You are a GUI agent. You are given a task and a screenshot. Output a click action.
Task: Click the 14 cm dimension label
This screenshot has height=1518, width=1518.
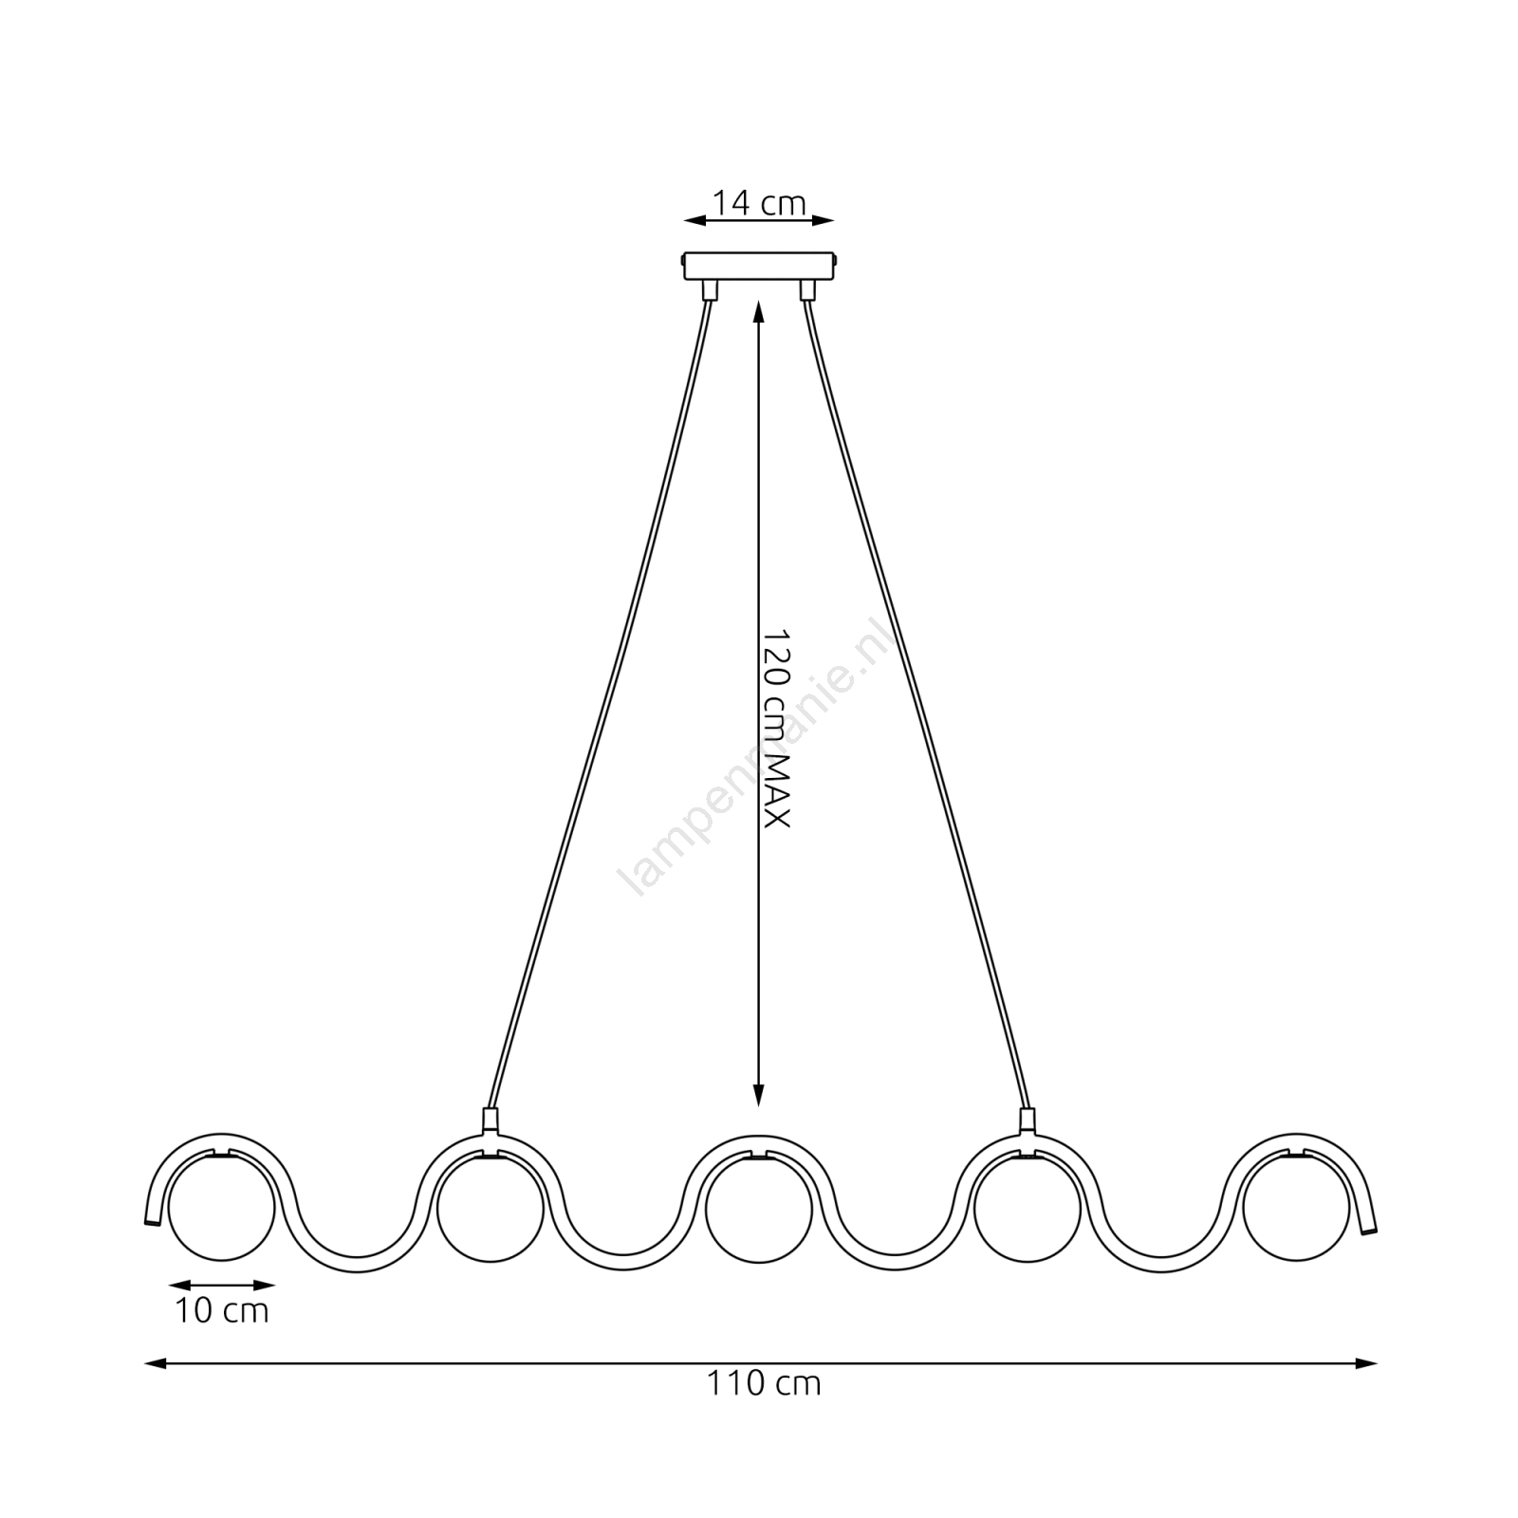pyautogui.click(x=759, y=203)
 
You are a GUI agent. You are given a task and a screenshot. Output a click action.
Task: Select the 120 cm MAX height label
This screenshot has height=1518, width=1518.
pyautogui.click(x=777, y=727)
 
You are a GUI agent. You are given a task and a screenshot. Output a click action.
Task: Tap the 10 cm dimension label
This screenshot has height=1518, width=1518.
pyautogui.click(x=222, y=1311)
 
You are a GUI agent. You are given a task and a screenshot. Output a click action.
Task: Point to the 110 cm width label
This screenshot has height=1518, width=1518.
pyautogui.click(x=763, y=1383)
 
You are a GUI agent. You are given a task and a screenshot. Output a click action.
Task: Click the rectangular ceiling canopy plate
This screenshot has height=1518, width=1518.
pyautogui.click(x=759, y=265)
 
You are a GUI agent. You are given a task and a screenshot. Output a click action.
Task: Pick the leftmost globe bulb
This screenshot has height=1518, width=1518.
pyautogui.click(x=222, y=1209)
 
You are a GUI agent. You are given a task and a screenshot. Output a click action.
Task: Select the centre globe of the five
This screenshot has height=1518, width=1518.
pyautogui.click(x=759, y=1209)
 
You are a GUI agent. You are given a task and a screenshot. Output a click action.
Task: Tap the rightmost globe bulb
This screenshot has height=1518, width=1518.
pyautogui.click(x=1296, y=1209)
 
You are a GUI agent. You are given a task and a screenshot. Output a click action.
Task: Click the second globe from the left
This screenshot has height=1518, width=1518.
pyautogui.click(x=491, y=1209)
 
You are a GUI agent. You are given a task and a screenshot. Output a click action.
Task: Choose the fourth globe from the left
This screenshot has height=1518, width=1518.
pyautogui.click(x=1027, y=1209)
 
